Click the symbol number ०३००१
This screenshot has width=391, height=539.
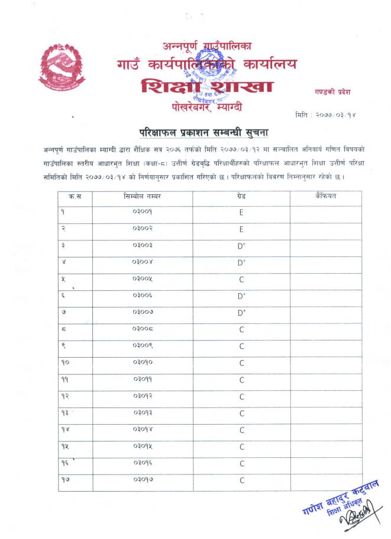tap(142, 211)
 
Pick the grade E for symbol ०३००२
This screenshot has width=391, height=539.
tap(241, 229)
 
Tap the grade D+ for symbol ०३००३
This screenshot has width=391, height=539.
tap(241, 245)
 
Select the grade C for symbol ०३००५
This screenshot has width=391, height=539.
tap(241, 279)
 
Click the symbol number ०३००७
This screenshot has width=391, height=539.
tap(142, 312)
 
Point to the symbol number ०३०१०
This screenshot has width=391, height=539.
tap(142, 362)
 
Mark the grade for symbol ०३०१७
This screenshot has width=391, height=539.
tap(241, 480)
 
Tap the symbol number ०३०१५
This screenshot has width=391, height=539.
tap(142, 447)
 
